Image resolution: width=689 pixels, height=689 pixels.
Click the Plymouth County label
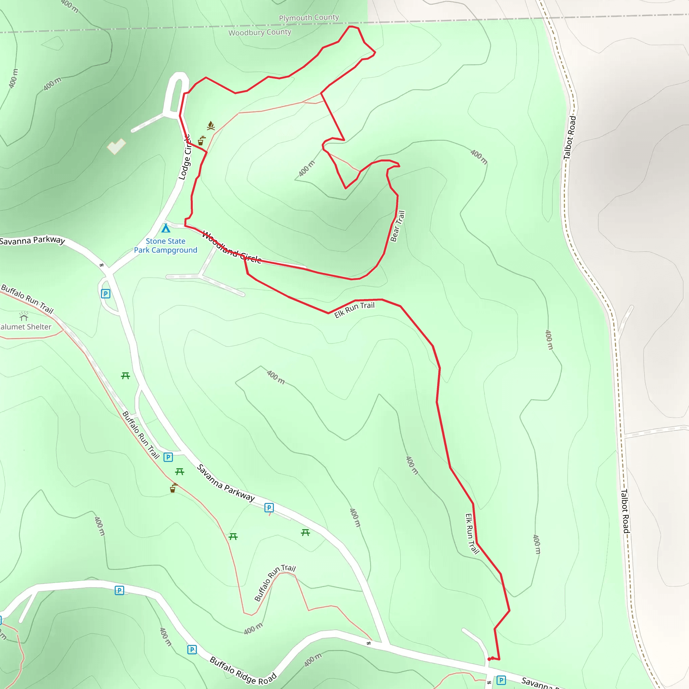click(309, 17)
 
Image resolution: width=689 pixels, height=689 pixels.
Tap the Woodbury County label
click(260, 32)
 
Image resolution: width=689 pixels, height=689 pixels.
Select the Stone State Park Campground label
click(166, 246)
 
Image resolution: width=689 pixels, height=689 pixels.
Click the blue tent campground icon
click(166, 228)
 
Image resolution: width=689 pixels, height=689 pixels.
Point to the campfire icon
click(211, 126)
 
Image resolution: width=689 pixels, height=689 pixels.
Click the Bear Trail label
click(398, 226)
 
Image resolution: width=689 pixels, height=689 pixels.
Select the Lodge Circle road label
click(185, 157)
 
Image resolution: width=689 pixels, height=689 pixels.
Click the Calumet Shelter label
click(25, 327)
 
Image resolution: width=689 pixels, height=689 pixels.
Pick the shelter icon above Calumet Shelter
click(24, 316)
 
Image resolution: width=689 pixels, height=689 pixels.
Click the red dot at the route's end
click(489, 659)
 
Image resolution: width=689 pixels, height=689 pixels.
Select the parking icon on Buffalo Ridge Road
click(192, 649)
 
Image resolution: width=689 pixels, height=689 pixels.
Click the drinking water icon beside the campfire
click(202, 141)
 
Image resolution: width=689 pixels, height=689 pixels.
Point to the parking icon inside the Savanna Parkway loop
click(106, 294)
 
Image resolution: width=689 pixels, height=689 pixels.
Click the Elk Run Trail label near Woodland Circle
click(354, 310)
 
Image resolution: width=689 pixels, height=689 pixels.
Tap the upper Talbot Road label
click(570, 137)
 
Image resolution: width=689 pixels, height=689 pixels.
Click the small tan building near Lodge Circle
click(116, 146)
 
